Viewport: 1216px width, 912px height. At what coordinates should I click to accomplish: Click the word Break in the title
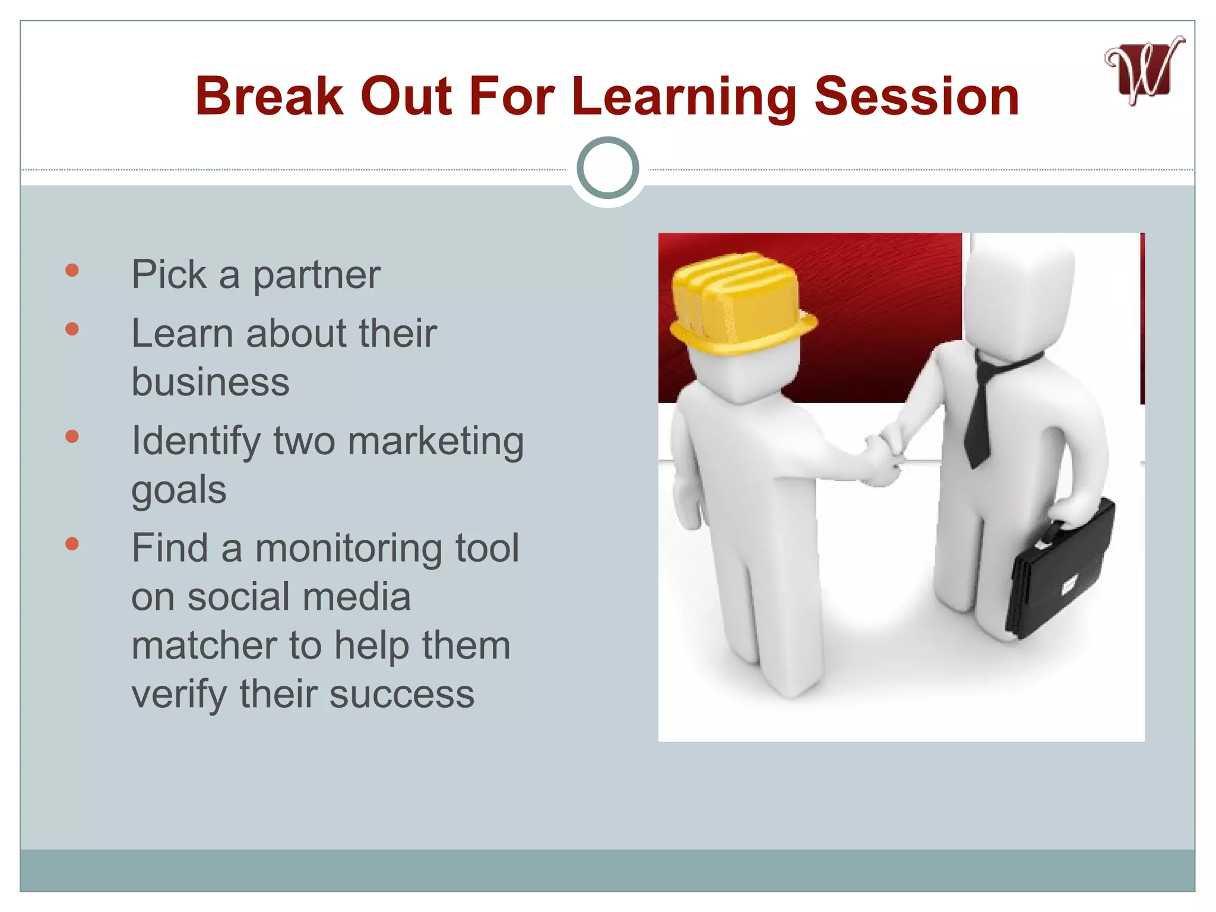click(270, 96)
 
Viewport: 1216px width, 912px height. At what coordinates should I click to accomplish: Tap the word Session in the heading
click(917, 96)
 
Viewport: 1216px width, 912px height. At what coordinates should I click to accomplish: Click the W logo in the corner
click(1144, 71)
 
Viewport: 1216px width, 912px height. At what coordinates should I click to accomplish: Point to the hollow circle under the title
click(607, 168)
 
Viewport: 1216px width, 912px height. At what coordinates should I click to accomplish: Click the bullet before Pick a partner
click(72, 271)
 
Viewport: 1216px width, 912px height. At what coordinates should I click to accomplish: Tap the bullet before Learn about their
click(72, 329)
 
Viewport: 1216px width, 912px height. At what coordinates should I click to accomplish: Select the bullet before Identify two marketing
click(72, 437)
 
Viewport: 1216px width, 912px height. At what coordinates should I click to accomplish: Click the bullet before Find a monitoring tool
click(72, 544)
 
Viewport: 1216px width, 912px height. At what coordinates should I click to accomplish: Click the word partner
click(316, 275)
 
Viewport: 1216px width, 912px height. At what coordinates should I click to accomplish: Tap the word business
click(210, 382)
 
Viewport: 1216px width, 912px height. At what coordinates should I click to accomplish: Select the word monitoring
click(349, 549)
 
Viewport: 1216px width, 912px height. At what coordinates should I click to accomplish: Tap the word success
click(402, 694)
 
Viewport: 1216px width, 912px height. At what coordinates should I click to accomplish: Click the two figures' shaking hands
click(885, 457)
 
